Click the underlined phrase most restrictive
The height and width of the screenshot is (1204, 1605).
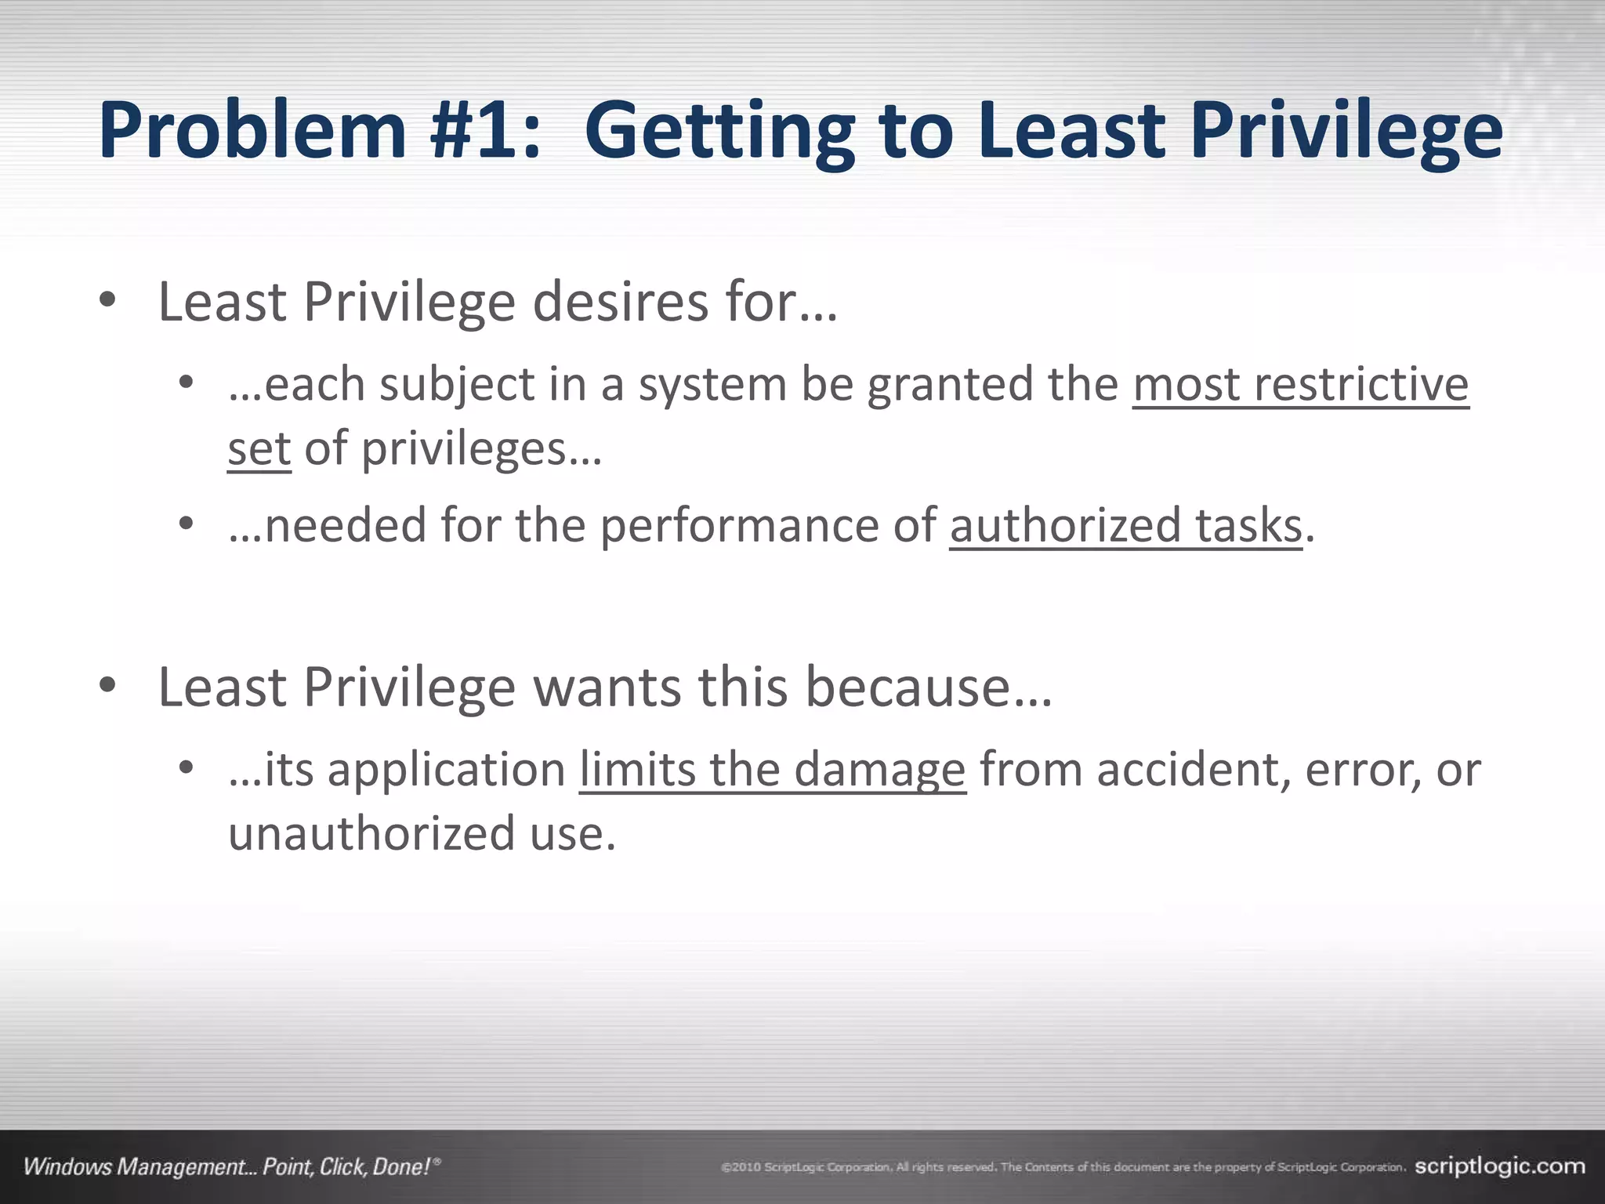(1300, 385)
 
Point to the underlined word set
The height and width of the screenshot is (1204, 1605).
(259, 449)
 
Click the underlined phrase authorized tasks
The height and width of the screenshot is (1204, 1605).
(1125, 525)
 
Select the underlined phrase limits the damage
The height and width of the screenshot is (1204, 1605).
(772, 770)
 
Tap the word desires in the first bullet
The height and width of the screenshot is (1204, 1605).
(620, 302)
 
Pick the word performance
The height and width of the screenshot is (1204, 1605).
(740, 525)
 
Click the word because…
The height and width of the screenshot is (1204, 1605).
(929, 687)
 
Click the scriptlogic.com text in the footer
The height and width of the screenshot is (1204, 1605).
(1500, 1166)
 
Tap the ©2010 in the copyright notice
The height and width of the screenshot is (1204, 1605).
(741, 1168)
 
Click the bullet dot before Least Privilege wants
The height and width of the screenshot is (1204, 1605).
(108, 686)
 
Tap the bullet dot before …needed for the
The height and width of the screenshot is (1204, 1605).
(186, 524)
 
